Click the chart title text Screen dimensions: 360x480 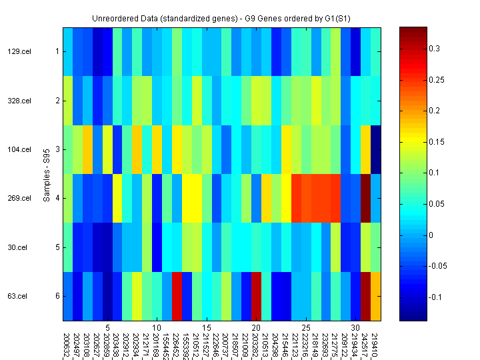(222, 16)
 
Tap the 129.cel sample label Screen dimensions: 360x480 (19, 51)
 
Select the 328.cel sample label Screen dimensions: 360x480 (19, 101)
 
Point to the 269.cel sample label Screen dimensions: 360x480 (19, 198)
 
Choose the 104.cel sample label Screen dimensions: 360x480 (19, 149)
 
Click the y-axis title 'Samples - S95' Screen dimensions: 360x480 (47, 173)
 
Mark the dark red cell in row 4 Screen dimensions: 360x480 (365, 198)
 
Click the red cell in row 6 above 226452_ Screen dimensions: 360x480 (177, 296)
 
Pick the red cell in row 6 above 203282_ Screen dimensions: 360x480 (256, 296)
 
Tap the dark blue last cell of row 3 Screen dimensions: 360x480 (375, 149)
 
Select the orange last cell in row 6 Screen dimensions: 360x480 (375, 296)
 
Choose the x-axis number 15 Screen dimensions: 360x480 (207, 328)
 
